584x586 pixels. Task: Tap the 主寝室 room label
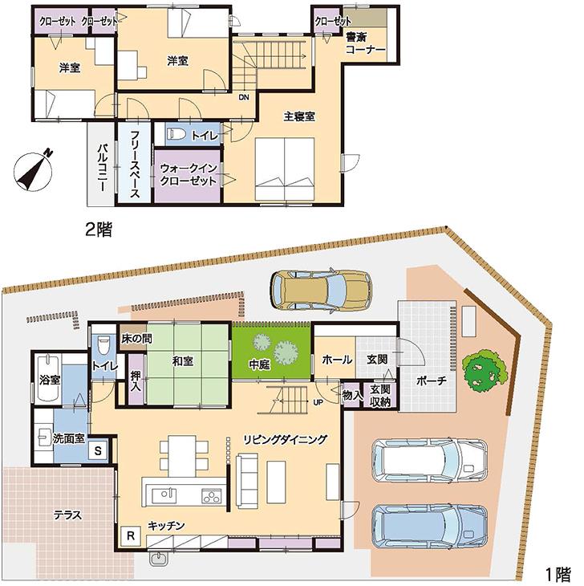298,116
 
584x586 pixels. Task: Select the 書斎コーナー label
365,43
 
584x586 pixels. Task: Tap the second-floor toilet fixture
179,135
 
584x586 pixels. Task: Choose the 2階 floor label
99,230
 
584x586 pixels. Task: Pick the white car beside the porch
429,460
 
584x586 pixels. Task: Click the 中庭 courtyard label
258,364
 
